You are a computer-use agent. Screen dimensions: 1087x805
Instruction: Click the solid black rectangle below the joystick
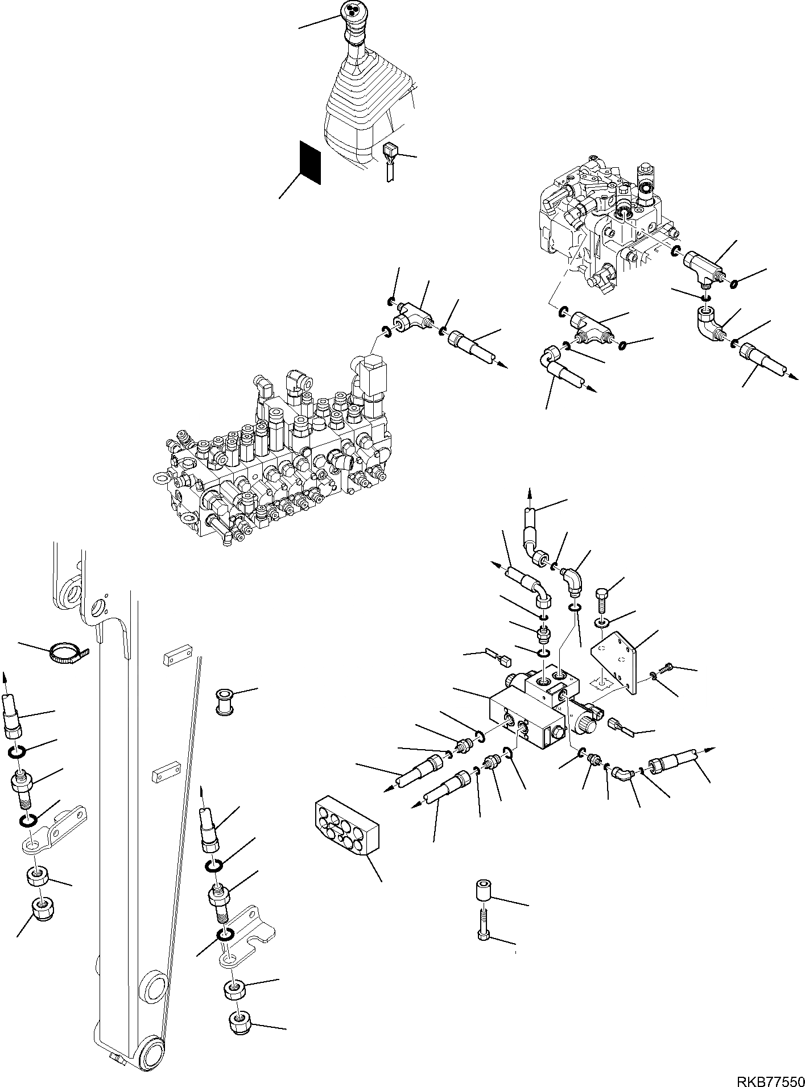(x=311, y=163)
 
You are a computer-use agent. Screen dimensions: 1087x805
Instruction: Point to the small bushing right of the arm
(x=226, y=701)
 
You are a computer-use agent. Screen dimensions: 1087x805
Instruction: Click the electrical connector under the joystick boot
(x=390, y=151)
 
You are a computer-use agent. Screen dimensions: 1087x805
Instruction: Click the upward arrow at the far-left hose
(x=6, y=678)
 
